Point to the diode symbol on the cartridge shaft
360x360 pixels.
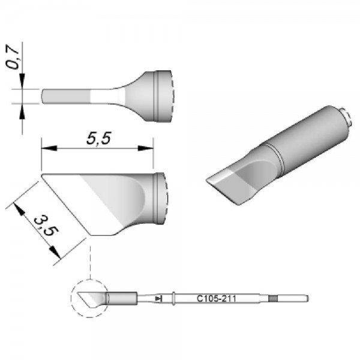pos(158,298)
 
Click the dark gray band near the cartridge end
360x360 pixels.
pos(274,298)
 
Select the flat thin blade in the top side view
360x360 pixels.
pos(66,96)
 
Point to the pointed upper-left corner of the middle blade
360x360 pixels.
pos(43,176)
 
